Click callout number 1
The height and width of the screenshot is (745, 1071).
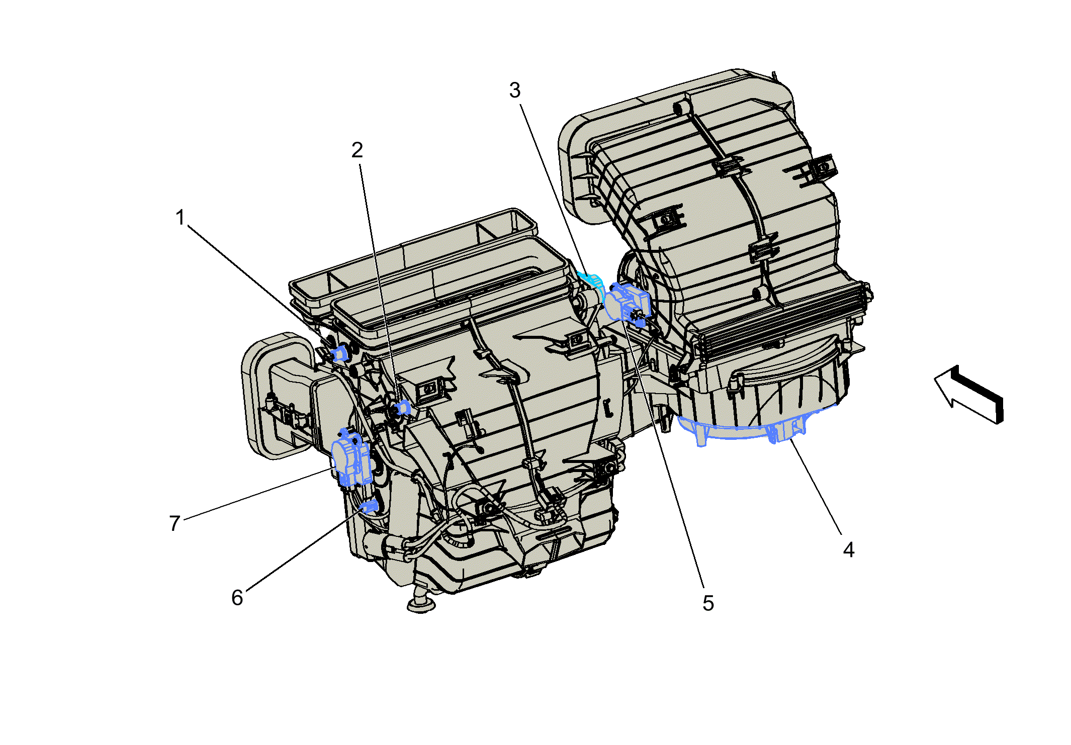pos(180,218)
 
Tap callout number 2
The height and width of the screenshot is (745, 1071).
pos(357,150)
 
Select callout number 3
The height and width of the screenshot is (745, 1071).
pos(514,90)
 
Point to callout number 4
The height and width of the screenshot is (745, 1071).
pos(849,549)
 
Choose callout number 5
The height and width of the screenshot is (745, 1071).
pos(708,603)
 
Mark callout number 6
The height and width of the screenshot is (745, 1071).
pos(237,598)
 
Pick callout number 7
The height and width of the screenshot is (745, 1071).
pos(174,523)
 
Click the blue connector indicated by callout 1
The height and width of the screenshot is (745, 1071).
pos(340,353)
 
